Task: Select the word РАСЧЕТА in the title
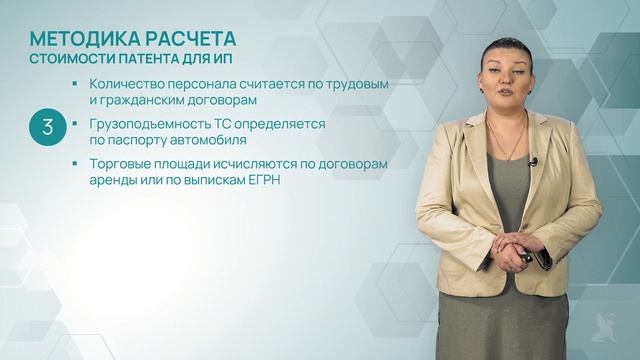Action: pyautogui.click(x=188, y=39)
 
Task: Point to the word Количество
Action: pyautogui.click(x=125, y=84)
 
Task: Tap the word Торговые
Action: pyautogui.click(x=118, y=163)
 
